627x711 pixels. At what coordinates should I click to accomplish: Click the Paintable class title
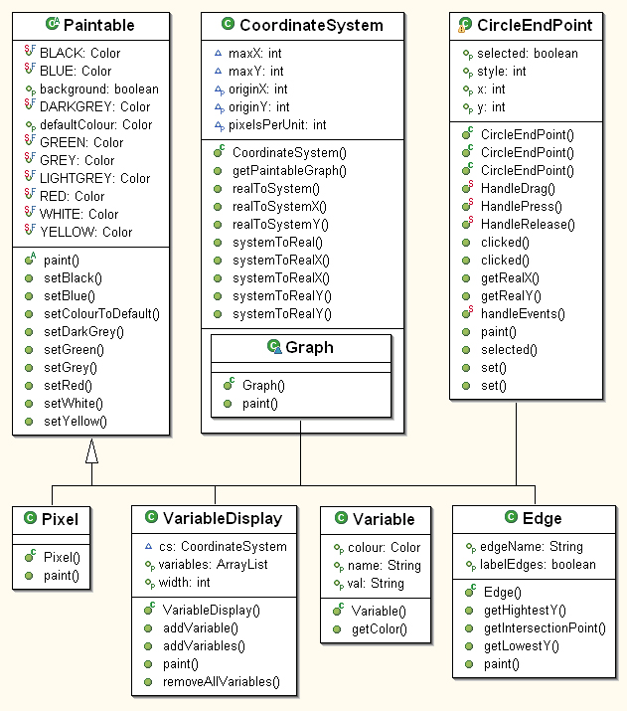coord(99,25)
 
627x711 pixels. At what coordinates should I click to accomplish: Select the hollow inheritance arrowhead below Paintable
coord(92,451)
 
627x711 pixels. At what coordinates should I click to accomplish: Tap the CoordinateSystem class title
coord(311,25)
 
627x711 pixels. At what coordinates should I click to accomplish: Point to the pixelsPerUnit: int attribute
coord(277,124)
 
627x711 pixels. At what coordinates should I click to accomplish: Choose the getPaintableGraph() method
coord(289,170)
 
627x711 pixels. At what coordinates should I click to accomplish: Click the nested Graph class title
coord(309,347)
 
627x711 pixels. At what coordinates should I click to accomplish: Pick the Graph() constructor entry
coord(263,386)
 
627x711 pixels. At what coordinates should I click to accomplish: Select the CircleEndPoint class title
coord(535,25)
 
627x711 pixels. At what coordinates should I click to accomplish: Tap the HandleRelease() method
coord(528,225)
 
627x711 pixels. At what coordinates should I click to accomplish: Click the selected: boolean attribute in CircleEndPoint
coord(528,54)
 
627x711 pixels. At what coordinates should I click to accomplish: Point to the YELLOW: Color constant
coord(86,232)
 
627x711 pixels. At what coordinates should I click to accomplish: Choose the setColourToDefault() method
coord(102,314)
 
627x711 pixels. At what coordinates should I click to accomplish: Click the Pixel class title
coord(60,519)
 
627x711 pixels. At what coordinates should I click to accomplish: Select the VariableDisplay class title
coord(223,518)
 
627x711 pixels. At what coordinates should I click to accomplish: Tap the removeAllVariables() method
coord(222,681)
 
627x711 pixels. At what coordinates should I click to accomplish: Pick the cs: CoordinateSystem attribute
coord(223,546)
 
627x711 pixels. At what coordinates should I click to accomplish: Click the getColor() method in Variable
coord(380,628)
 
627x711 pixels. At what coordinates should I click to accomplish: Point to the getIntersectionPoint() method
coord(545,628)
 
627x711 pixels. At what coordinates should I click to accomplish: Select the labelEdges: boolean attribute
coord(538,565)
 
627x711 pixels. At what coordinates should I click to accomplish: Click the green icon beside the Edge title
coord(511,516)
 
